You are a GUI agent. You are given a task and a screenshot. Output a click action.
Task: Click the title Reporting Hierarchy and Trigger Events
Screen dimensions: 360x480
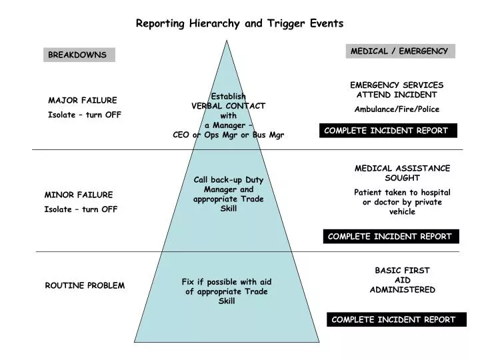click(x=240, y=23)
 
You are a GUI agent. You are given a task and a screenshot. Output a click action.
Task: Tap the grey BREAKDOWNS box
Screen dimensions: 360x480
click(x=79, y=55)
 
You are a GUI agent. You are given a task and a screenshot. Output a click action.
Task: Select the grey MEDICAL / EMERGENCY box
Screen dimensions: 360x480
click(x=400, y=51)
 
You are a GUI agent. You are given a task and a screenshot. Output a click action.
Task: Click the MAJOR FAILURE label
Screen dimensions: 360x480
click(x=83, y=101)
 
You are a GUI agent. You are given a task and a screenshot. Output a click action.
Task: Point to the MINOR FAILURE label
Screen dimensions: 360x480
click(x=79, y=195)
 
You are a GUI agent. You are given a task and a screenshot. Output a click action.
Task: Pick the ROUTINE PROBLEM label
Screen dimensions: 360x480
click(x=85, y=285)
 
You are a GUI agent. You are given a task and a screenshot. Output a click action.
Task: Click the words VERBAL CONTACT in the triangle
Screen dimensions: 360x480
click(x=229, y=105)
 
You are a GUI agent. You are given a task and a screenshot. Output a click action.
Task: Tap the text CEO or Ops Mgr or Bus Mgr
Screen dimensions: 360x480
click(x=229, y=135)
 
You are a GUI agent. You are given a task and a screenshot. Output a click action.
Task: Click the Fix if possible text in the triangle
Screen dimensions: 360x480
click(x=227, y=282)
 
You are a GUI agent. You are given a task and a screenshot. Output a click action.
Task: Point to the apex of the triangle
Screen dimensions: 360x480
click(x=227, y=42)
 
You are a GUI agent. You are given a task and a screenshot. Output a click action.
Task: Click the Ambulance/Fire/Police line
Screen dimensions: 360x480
click(x=397, y=109)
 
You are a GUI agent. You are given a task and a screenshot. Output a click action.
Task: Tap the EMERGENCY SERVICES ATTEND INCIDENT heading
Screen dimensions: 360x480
click(x=397, y=90)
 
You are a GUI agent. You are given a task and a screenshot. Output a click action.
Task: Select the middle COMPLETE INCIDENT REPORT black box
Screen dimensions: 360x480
click(x=390, y=236)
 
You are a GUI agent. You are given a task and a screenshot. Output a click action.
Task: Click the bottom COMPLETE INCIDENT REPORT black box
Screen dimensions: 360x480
click(x=394, y=319)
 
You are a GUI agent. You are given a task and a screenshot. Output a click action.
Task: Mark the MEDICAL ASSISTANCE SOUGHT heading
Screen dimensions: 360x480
click(x=402, y=173)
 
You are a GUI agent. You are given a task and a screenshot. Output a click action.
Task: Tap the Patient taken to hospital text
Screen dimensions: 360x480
click(x=402, y=192)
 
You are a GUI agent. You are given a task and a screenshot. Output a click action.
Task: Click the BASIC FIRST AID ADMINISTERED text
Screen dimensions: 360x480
click(x=403, y=280)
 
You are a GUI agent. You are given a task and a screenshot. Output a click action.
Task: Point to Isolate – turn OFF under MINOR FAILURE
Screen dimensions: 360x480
click(x=81, y=209)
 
